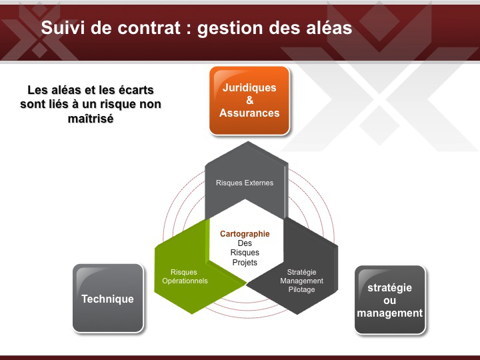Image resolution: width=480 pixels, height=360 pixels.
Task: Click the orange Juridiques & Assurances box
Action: [249, 101]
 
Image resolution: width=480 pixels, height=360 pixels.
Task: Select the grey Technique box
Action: [108, 298]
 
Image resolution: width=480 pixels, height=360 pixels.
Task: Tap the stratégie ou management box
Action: [390, 300]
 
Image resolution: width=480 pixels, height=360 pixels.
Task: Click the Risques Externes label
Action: [245, 183]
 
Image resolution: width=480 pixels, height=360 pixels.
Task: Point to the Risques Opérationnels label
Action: [185, 277]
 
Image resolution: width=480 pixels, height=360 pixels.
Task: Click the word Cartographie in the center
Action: [245, 234]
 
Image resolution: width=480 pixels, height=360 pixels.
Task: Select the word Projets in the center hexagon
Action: [245, 263]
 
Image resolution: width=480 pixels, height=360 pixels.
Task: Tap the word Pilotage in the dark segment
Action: [301, 289]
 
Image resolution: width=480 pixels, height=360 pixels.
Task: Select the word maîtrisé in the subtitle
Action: [91, 119]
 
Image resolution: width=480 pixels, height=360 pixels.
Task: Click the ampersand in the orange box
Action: [250, 100]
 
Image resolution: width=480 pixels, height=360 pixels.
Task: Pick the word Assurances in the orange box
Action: [249, 113]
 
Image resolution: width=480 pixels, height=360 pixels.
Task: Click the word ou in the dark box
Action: [390, 300]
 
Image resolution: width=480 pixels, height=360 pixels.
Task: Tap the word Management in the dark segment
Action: [301, 281]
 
